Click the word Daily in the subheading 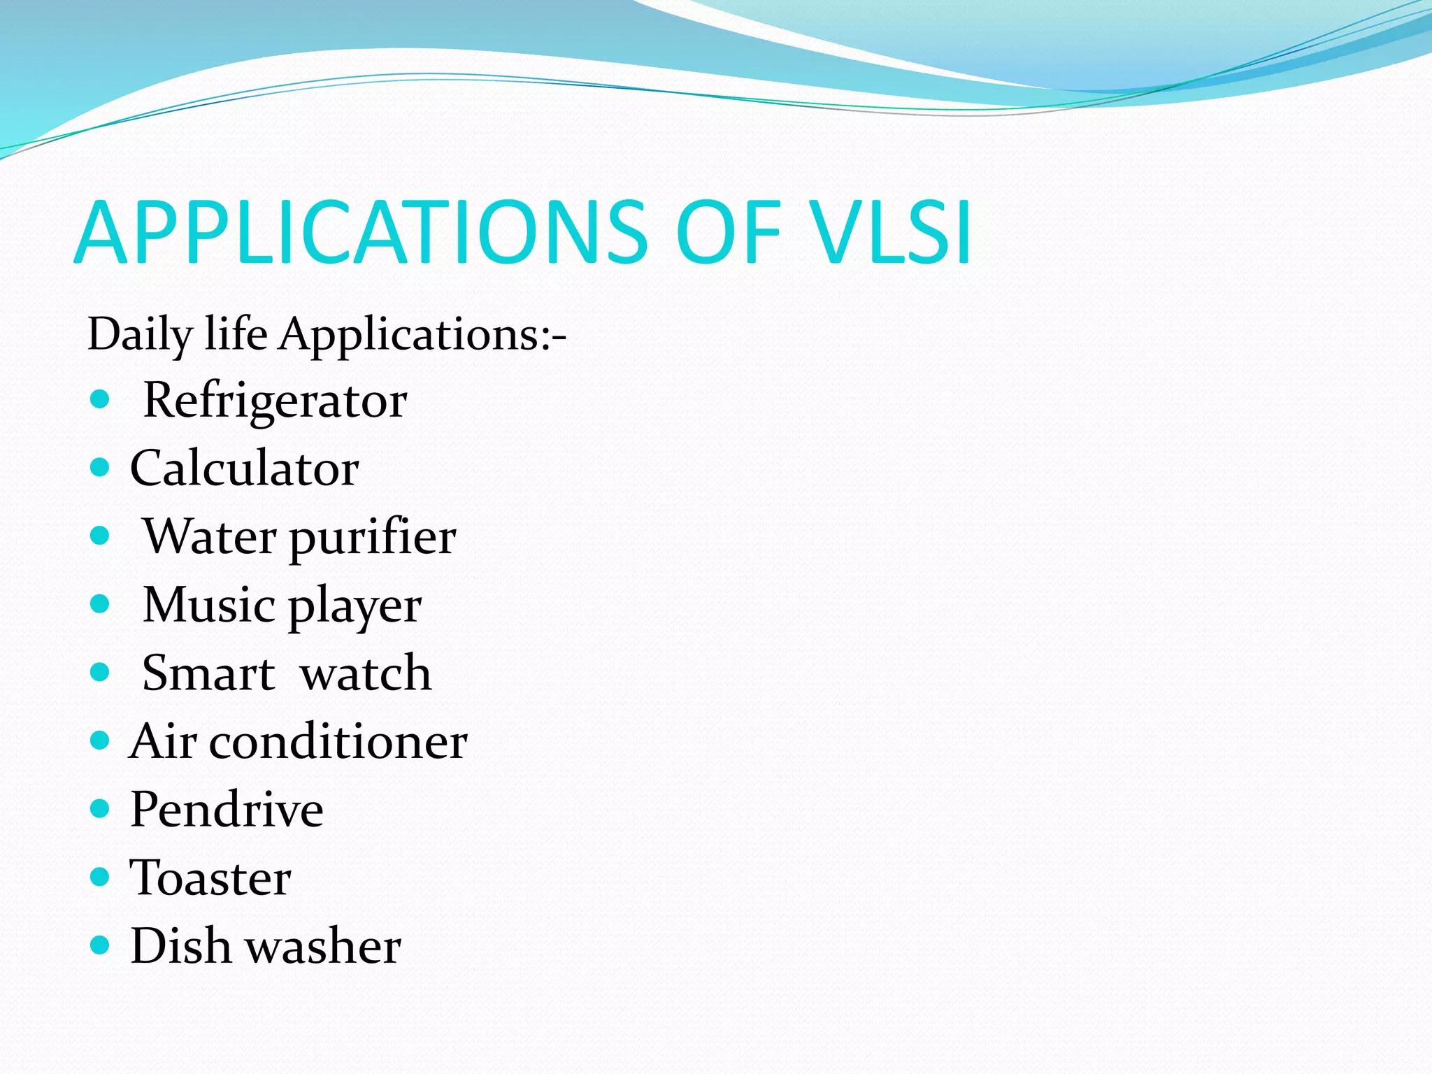click(138, 335)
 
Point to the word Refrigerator click(275, 401)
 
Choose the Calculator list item click(245, 468)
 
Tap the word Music click(208, 605)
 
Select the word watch click(365, 673)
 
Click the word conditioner click(338, 741)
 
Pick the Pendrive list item click(227, 810)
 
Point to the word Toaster click(210, 878)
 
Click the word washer click(324, 946)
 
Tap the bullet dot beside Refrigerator click(101, 399)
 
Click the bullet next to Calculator click(101, 467)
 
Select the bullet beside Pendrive click(101, 809)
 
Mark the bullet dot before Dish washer click(101, 945)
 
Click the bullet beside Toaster click(101, 877)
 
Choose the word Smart click(208, 673)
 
